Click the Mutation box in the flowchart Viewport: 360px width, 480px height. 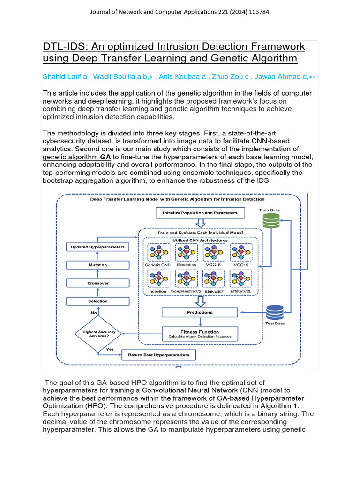(x=97, y=265)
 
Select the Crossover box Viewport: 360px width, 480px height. (x=97, y=283)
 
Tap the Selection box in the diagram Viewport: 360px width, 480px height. (x=97, y=301)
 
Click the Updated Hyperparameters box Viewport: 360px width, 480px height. (x=97, y=247)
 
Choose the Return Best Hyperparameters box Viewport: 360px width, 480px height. (x=158, y=355)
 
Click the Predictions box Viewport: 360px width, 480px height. (x=200, y=312)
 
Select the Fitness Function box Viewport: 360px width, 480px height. (x=200, y=334)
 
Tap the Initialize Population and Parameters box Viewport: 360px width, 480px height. (x=200, y=213)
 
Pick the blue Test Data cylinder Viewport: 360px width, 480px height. (x=275, y=312)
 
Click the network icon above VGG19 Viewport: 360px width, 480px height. (x=241, y=253)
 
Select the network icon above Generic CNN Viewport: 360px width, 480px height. (x=157, y=253)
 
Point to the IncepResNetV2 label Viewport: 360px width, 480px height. (x=186, y=292)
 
